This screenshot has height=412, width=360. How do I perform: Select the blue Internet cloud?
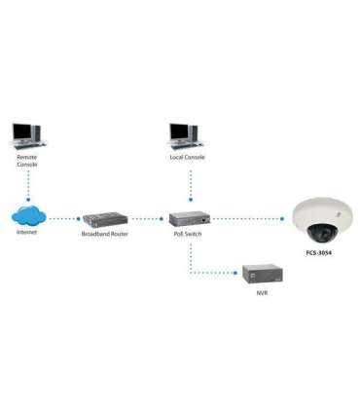coord(29,216)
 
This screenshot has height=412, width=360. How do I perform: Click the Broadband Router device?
coord(104,219)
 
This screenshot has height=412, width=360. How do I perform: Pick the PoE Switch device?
coord(190,219)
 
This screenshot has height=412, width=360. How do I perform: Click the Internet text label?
coord(28,234)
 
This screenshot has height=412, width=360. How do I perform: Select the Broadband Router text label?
coord(104,235)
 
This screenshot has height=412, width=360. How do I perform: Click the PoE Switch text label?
coord(190,235)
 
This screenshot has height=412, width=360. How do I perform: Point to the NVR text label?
coord(262,292)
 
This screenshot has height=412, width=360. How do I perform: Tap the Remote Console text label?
coord(27,161)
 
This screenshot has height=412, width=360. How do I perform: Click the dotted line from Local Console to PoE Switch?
coord(191,187)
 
